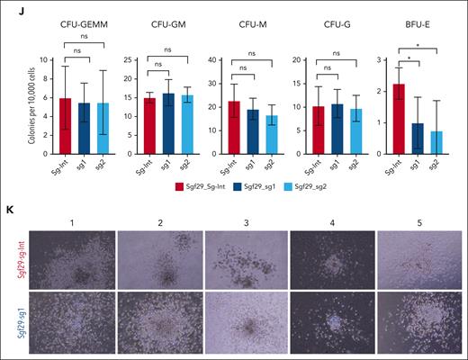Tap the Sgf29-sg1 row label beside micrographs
(x=18, y=320)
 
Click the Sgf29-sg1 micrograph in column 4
(x=332, y=320)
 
